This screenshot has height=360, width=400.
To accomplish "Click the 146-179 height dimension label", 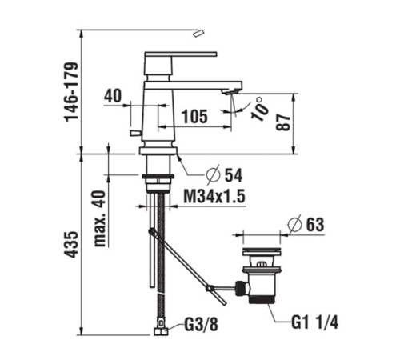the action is coord(71,91).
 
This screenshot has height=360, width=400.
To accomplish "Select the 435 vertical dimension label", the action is coord(71,244).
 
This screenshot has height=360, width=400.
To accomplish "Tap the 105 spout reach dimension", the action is coord(194,117).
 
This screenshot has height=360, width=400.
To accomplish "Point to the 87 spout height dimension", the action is coord(282,122).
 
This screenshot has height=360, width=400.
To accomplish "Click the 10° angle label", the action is coord(259,109).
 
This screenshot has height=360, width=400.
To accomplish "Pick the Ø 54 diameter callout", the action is coord(224,175).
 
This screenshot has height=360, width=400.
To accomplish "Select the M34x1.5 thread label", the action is coord(214,197).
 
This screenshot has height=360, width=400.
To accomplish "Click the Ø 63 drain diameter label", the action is coord(306,225).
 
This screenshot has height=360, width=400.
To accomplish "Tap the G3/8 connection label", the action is coord(202,325).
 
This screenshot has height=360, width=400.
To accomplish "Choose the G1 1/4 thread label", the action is coord(314,322).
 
